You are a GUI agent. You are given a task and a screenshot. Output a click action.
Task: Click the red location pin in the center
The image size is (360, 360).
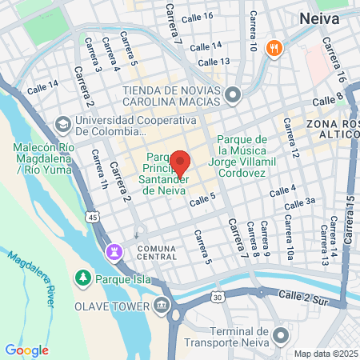coord(180,163)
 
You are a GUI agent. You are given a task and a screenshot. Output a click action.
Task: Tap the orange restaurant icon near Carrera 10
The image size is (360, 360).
coord(274,48)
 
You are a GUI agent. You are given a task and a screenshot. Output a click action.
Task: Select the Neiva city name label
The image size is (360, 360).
coord(322,18)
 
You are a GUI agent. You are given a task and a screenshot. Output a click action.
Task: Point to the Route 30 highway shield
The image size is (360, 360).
coord(218,298)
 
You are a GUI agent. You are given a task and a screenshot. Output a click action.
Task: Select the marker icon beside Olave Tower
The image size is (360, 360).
coord(163,306)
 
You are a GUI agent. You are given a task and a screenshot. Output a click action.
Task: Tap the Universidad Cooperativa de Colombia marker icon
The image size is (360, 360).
coord(62,126)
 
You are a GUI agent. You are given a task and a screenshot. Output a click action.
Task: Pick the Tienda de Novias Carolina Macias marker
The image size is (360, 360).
coord(233,97)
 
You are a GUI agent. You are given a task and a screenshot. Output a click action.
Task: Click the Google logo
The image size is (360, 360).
coord(26,350)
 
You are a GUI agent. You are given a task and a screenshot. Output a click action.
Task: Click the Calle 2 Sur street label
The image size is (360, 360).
coord(304,296)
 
